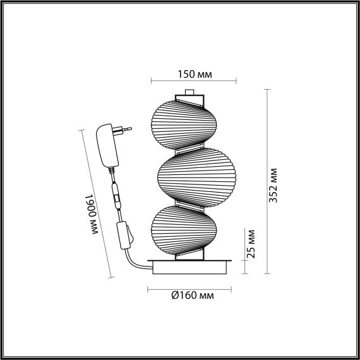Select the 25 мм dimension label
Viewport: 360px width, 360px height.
pos(251,243)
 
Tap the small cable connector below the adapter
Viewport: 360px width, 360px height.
pos(117,198)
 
